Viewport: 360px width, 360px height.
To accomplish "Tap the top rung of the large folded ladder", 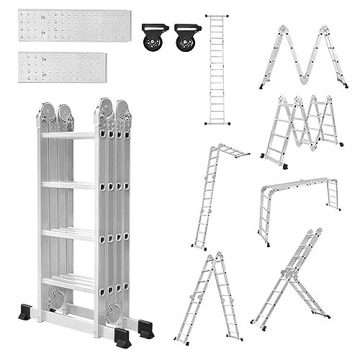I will click(68, 135).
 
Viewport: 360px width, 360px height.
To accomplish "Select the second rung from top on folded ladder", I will click(68, 185).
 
